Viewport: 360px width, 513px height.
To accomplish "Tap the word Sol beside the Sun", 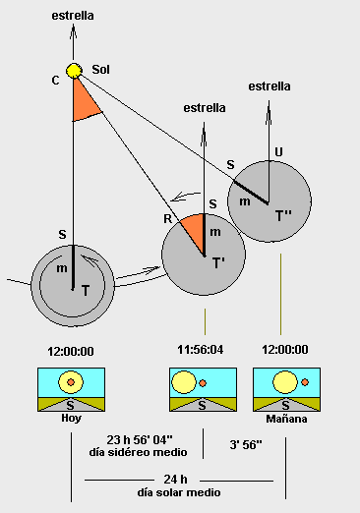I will (x=100, y=70).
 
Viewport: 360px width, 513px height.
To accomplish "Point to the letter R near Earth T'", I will (x=169, y=219).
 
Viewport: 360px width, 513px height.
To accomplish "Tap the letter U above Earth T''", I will (x=278, y=150).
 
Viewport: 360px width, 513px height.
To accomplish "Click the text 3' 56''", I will (x=247, y=443).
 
